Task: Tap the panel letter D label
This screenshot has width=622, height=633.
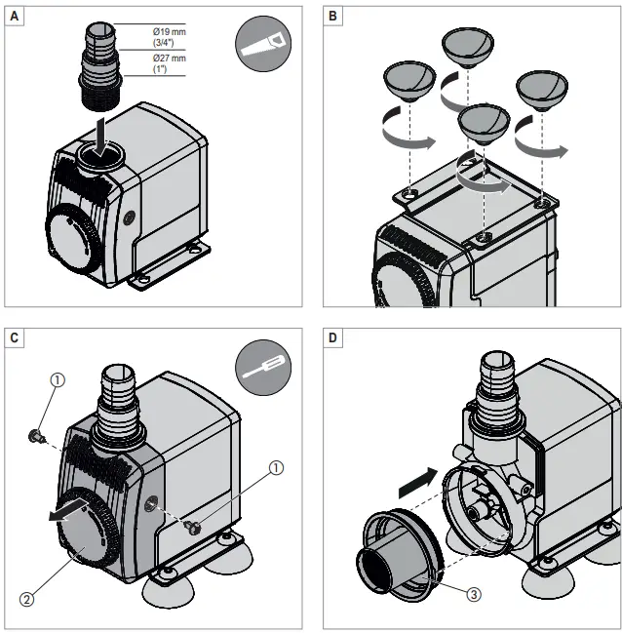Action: [333, 338]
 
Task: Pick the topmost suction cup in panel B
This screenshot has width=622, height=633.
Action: [467, 46]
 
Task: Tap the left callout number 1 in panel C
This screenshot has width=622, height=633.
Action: [58, 381]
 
